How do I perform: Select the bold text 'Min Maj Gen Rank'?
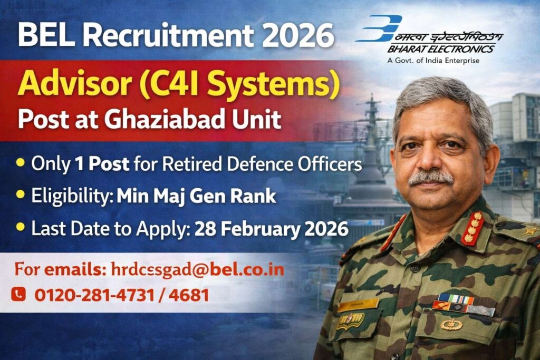pyautogui.click(x=196, y=197)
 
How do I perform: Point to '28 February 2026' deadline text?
pyautogui.click(x=271, y=230)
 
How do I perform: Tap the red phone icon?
pyautogui.click(x=18, y=294)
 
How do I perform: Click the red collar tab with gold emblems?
pyautogui.click(x=472, y=227)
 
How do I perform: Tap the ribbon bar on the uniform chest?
pyautogui.click(x=456, y=301)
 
